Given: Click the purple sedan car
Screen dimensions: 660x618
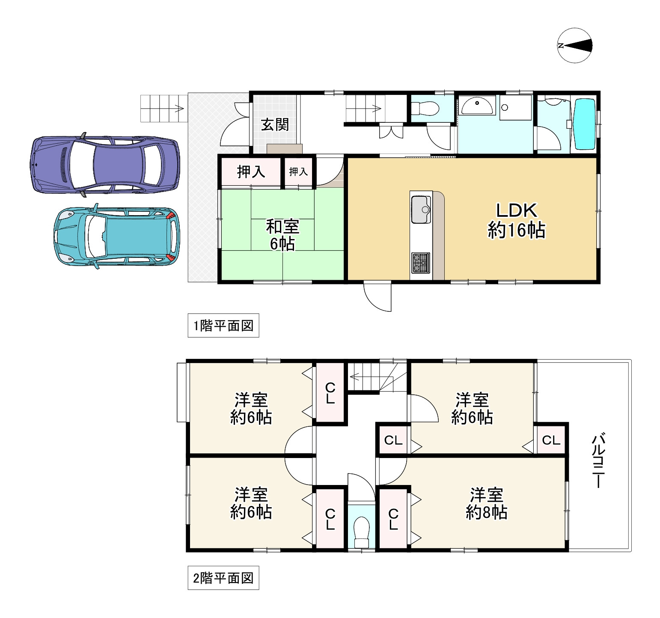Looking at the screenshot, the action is tap(105, 164).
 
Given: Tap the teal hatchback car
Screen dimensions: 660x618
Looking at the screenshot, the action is tap(117, 236).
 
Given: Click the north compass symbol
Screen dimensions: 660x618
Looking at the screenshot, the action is tap(575, 45).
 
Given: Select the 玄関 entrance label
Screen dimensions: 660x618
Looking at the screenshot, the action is tap(275, 124).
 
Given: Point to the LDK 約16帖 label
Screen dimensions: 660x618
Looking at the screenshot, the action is tap(516, 221).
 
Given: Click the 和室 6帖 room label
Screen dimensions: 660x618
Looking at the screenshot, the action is tap(282, 235).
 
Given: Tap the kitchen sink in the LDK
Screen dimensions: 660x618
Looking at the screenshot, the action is tap(421, 210).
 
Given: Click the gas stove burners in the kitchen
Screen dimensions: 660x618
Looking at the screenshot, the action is tap(421, 263).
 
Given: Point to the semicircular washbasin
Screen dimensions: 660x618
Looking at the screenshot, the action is tap(478, 106).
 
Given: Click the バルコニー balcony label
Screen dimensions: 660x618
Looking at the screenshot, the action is tap(598, 461).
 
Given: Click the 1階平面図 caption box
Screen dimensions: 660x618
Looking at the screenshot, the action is tap(223, 326).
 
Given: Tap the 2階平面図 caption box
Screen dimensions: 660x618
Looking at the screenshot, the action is tap(223, 579).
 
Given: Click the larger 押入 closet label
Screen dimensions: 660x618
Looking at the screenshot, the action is tap(251, 172).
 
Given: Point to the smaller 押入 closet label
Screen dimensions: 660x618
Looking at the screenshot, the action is tap(298, 172).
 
